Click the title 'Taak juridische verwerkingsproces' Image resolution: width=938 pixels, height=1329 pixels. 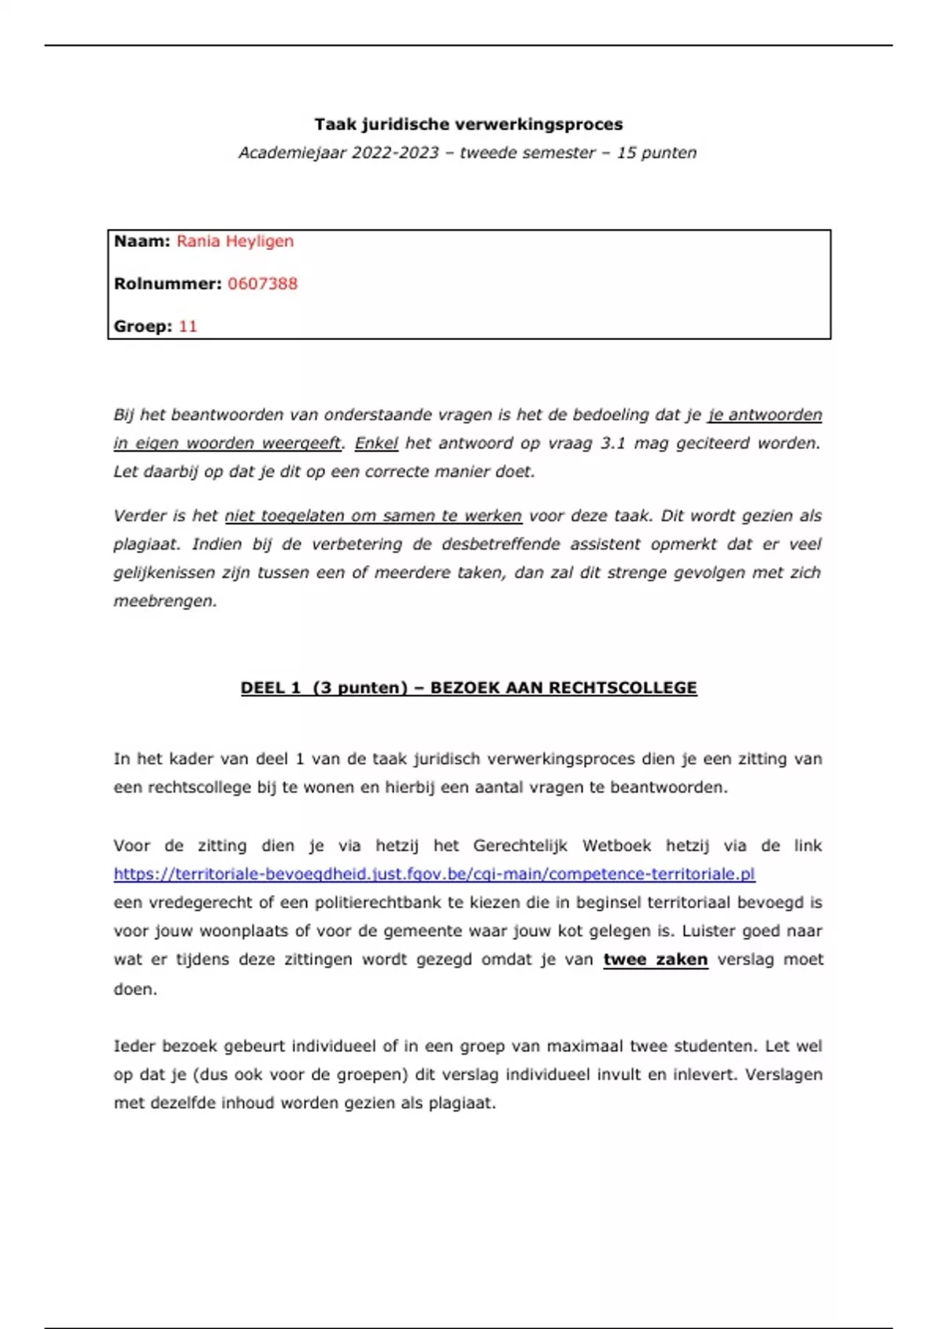coord(468,124)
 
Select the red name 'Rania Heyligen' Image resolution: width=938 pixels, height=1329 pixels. coord(234,242)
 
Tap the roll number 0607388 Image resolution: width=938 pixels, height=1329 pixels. coord(263,284)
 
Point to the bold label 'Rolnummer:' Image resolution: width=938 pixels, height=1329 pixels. coord(167,284)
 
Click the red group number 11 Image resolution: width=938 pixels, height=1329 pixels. coord(188,327)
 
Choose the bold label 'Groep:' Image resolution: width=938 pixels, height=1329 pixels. coord(143,327)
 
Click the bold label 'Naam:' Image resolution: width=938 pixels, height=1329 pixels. coord(141,242)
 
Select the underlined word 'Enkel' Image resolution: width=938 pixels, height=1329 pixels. coord(376,443)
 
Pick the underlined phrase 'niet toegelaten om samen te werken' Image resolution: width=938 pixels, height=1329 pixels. coord(373,516)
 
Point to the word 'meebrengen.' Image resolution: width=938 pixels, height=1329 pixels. coord(165,601)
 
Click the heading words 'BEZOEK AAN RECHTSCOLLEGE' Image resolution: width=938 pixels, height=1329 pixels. coord(563,688)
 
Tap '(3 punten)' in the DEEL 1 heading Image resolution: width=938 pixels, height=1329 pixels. coord(360,688)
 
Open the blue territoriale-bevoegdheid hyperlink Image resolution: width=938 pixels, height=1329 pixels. coord(434,874)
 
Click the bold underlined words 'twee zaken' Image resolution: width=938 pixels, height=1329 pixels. coord(655,960)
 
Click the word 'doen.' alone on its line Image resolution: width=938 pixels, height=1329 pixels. coord(135,989)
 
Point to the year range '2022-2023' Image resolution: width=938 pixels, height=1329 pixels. coord(395,153)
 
